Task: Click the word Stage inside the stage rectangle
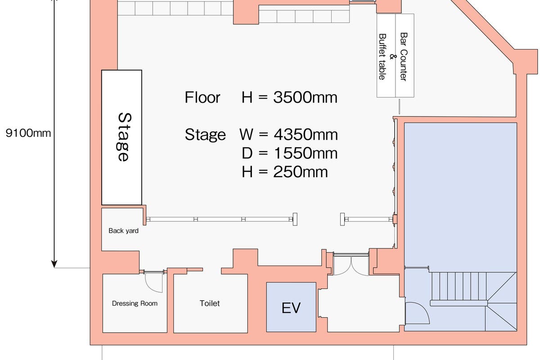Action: pyautogui.click(x=125, y=137)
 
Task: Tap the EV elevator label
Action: pyautogui.click(x=291, y=308)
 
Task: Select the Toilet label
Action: pyautogui.click(x=210, y=303)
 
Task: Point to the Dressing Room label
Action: pyautogui.click(x=135, y=303)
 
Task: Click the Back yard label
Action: pyautogui.click(x=123, y=231)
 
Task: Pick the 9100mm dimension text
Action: pyautogui.click(x=28, y=133)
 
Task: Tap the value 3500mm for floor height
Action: pyautogui.click(x=305, y=97)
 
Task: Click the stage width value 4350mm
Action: pyautogui.click(x=306, y=135)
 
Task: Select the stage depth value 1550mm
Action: pyautogui.click(x=306, y=153)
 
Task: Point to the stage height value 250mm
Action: pyautogui.click(x=301, y=172)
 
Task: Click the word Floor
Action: pyautogui.click(x=202, y=97)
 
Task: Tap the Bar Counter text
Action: pyautogui.click(x=404, y=57)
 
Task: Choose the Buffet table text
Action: pyautogui.click(x=382, y=57)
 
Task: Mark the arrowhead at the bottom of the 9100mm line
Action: pyautogui.click(x=54, y=264)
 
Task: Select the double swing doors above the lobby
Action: pyautogui.click(x=351, y=265)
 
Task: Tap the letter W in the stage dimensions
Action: pyautogui.click(x=246, y=135)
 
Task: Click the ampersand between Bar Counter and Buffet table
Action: pyautogui.click(x=393, y=57)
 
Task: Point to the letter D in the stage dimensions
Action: pyautogui.click(x=247, y=153)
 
